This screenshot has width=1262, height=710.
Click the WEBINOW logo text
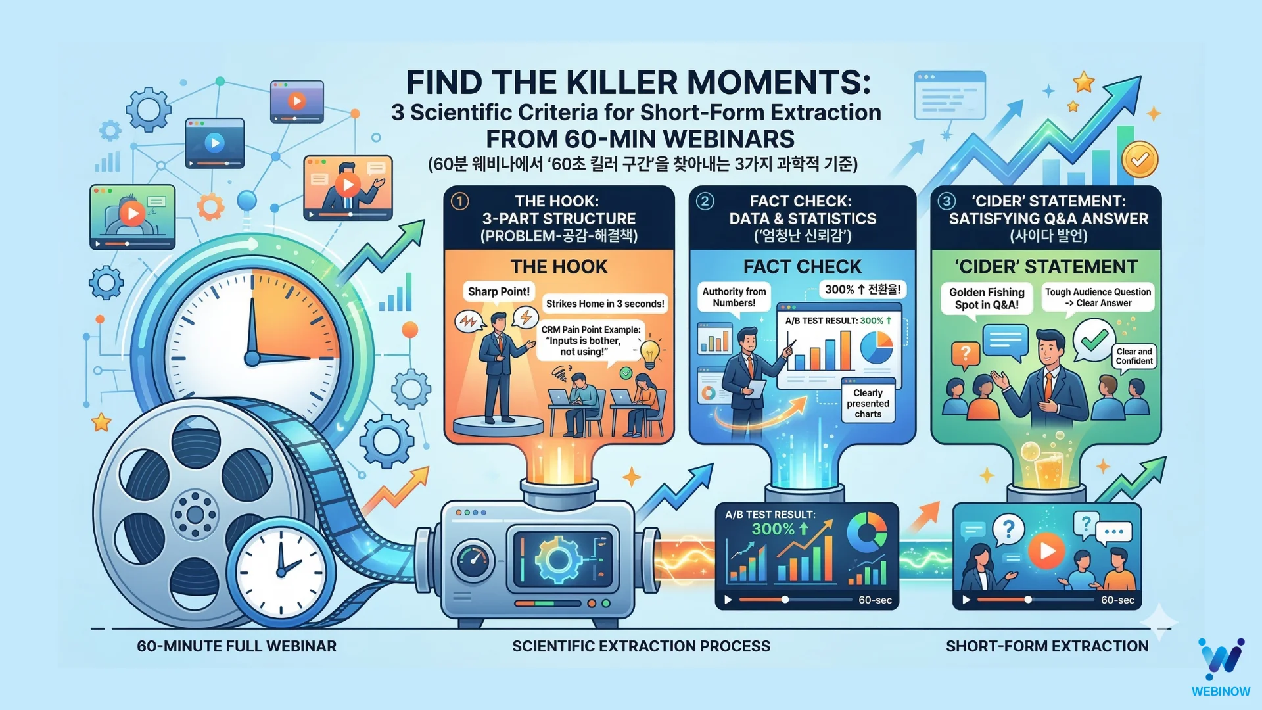tap(1221, 691)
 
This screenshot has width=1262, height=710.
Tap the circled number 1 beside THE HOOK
tap(460, 201)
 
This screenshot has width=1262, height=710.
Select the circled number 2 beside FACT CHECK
tap(705, 201)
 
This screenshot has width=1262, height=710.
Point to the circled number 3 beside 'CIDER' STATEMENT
tap(947, 201)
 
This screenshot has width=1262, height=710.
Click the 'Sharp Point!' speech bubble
tap(498, 292)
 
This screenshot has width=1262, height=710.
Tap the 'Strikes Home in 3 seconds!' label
tap(605, 304)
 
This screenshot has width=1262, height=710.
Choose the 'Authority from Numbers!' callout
tap(734, 297)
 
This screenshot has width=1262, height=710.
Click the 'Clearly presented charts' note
tap(868, 403)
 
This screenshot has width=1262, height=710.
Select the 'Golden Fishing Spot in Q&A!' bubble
tap(987, 298)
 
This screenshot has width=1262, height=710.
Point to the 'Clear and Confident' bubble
tap(1134, 356)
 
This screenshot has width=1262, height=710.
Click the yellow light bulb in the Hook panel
tap(649, 352)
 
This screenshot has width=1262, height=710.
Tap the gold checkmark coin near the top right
tap(1140, 160)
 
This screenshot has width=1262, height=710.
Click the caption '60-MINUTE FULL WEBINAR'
tap(237, 646)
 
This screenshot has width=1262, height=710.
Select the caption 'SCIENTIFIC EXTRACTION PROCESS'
tap(641, 646)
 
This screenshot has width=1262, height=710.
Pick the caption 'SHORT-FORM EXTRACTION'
tap(1047, 646)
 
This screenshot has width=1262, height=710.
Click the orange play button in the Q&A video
tap(1046, 551)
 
